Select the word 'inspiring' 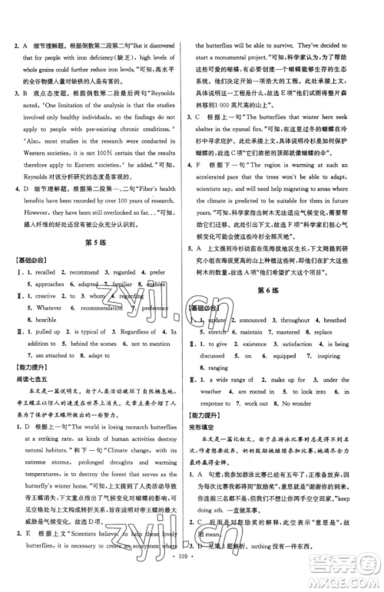click(x=333, y=356)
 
